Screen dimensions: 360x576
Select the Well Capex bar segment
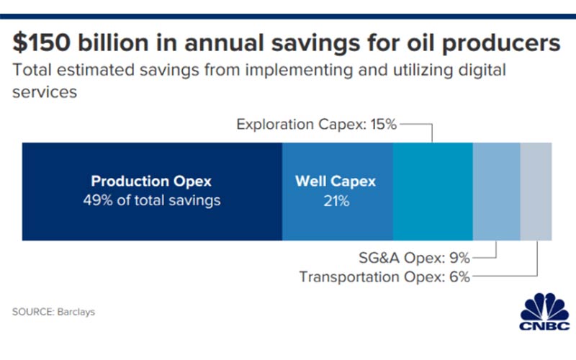click(337, 220)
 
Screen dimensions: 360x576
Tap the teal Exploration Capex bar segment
click(432, 191)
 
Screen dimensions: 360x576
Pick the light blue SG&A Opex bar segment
click(496, 191)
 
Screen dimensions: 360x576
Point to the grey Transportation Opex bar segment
click(536, 191)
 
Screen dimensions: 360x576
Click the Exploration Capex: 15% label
click(316, 125)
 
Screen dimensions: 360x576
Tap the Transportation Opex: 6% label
click(384, 276)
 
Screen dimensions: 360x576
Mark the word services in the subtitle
click(45, 93)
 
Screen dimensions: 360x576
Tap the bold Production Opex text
click(151, 181)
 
